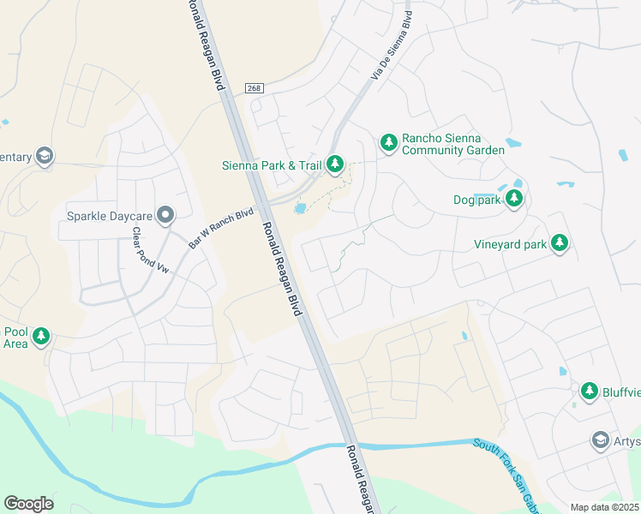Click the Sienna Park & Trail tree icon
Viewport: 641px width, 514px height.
click(x=335, y=163)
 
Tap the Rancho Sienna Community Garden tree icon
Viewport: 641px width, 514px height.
click(x=388, y=142)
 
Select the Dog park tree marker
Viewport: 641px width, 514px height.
click(x=514, y=200)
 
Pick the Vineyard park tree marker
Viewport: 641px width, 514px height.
click(x=560, y=243)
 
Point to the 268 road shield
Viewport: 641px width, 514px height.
click(x=253, y=87)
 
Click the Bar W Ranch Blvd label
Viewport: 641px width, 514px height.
click(x=221, y=228)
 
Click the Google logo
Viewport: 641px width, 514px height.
click(x=28, y=503)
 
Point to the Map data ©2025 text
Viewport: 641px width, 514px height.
click(x=604, y=507)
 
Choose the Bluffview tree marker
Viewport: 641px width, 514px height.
click(x=589, y=391)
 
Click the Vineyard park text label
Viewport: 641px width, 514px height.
click(x=510, y=244)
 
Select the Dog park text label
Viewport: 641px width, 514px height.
click(x=476, y=200)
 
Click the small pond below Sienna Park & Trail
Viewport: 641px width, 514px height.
click(x=300, y=208)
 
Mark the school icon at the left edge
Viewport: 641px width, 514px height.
click(x=44, y=156)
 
